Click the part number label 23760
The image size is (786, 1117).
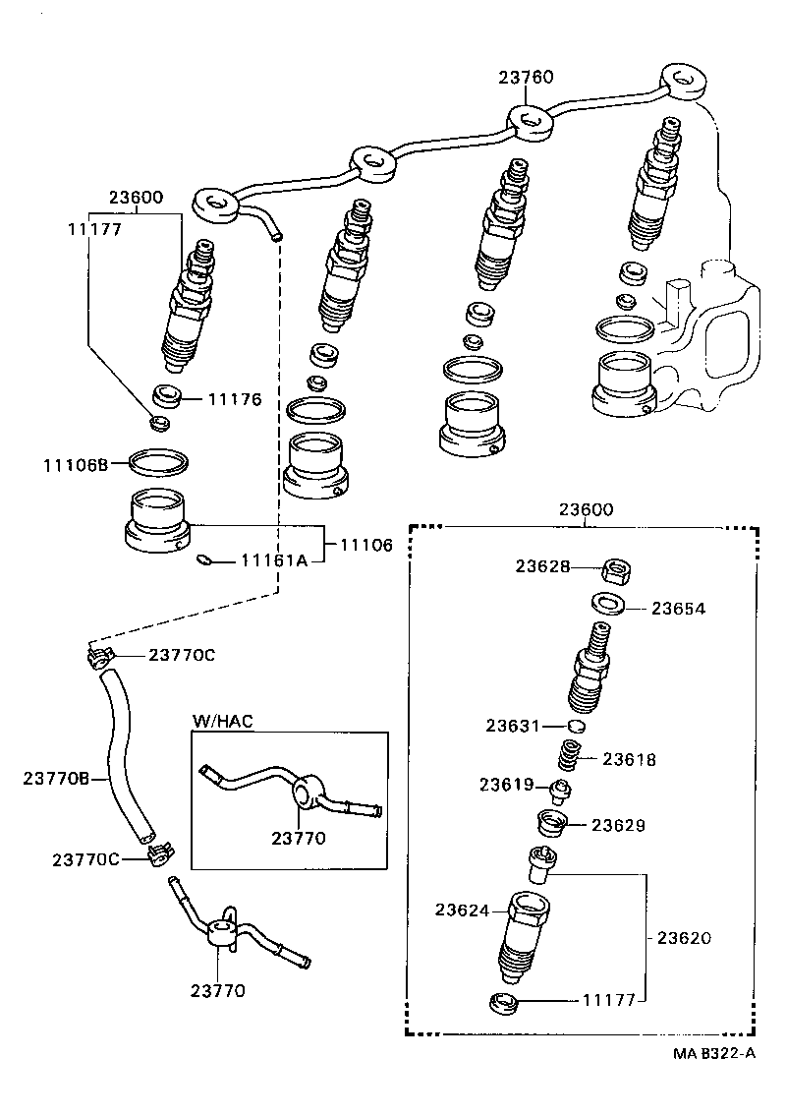[526, 78]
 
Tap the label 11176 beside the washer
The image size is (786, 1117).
[234, 399]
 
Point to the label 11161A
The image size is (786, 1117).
[274, 560]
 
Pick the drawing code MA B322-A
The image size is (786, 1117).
[714, 1053]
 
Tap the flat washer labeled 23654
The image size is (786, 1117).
[609, 602]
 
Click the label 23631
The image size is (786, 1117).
[512, 726]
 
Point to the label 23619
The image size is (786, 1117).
[506, 785]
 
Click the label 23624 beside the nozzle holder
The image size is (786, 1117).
[462, 911]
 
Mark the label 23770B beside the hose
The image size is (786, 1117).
[57, 779]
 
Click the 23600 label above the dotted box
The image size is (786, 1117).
[587, 509]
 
